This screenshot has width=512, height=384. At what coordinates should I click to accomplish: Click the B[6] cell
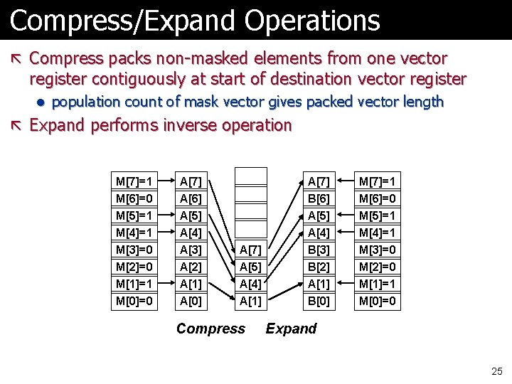tap(318, 198)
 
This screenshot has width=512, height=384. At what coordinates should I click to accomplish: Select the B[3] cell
tap(318, 250)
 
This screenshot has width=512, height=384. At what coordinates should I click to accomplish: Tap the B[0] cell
tap(318, 301)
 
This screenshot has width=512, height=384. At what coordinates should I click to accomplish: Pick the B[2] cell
tap(318, 267)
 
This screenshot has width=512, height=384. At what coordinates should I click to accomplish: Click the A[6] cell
tap(190, 198)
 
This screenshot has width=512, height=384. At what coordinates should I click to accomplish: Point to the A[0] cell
tap(190, 301)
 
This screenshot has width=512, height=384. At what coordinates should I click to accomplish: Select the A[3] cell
tap(190, 250)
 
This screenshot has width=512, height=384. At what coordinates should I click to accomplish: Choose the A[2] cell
tap(190, 267)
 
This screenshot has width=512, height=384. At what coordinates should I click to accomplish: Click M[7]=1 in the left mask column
tap(134, 181)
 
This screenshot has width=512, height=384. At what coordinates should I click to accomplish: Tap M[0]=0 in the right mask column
tap(378, 301)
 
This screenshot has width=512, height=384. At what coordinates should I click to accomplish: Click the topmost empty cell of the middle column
tap(250, 176)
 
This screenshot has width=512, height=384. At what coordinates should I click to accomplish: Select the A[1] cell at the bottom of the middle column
tap(250, 301)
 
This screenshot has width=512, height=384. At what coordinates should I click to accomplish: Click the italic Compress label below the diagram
tap(210, 329)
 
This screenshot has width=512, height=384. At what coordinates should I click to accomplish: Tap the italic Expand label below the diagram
tap(291, 329)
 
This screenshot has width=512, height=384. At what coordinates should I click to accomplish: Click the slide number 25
tap(496, 370)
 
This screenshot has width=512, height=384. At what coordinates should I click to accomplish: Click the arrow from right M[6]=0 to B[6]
tap(346, 198)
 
